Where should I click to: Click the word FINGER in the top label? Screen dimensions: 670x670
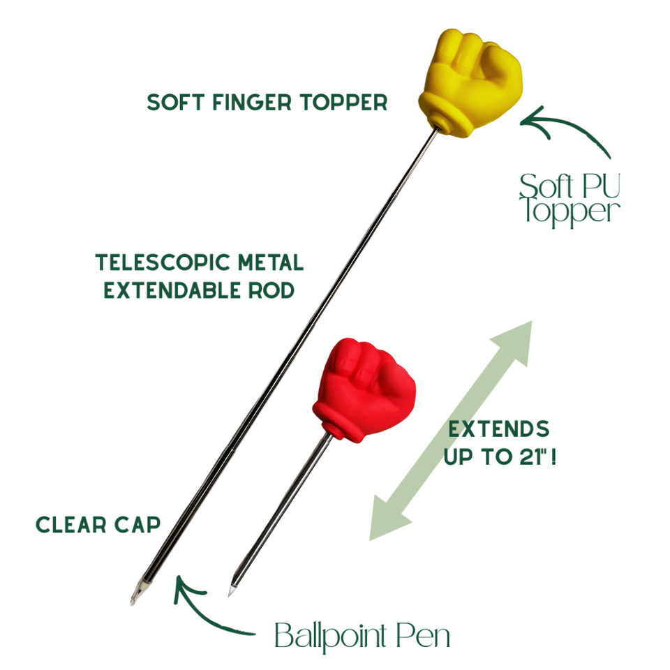tap(252, 103)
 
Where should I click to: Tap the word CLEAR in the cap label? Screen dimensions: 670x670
tap(71, 525)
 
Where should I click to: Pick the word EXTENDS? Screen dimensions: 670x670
tap(498, 429)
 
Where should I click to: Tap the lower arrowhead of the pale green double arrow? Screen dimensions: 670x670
tap(387, 519)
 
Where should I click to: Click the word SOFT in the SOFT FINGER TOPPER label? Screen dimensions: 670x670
tap(175, 103)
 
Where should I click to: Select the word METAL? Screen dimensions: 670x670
tap(271, 262)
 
